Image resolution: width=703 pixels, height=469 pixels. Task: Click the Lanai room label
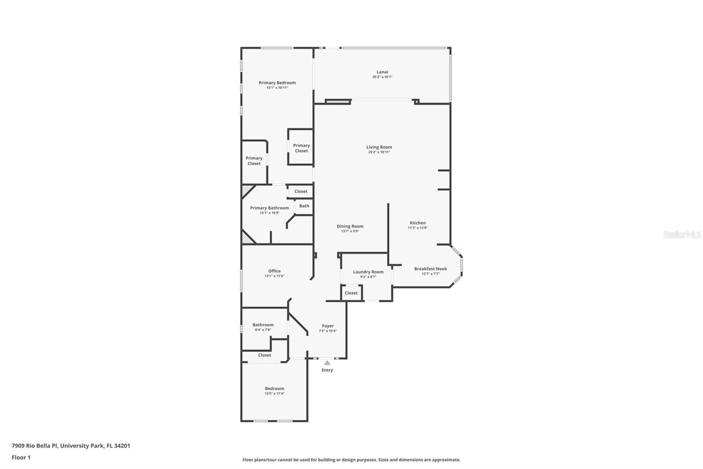pos(382,72)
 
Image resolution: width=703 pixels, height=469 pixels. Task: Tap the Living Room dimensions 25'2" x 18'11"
pos(379,152)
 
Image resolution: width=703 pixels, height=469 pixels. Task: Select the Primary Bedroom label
pos(277,83)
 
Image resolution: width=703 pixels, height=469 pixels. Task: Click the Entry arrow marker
pos(327,363)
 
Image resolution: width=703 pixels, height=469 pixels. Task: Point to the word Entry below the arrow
pos(327,370)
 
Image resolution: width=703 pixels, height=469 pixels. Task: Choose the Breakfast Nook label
pos(430,269)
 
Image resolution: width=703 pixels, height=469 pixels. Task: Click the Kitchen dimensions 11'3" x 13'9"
pos(417,228)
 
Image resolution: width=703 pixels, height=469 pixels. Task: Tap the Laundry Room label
pos(368,272)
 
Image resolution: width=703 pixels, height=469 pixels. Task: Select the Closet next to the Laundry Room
pos(351,293)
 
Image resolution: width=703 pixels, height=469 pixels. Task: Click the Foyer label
pos(328,326)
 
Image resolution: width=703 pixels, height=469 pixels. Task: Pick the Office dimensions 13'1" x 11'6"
pos(274,276)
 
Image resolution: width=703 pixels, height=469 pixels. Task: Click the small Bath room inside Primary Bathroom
pos(304,206)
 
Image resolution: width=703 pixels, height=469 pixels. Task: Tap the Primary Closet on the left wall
pos(254,161)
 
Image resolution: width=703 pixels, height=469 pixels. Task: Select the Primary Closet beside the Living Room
pos(301,148)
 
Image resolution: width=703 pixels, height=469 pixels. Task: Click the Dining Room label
pos(350,226)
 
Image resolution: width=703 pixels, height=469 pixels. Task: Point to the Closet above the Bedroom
pos(265,355)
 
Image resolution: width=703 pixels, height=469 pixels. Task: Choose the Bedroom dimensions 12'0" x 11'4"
pos(274,394)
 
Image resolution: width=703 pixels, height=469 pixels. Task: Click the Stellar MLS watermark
pos(682,234)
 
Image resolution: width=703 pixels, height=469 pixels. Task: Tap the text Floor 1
pos(21,458)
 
